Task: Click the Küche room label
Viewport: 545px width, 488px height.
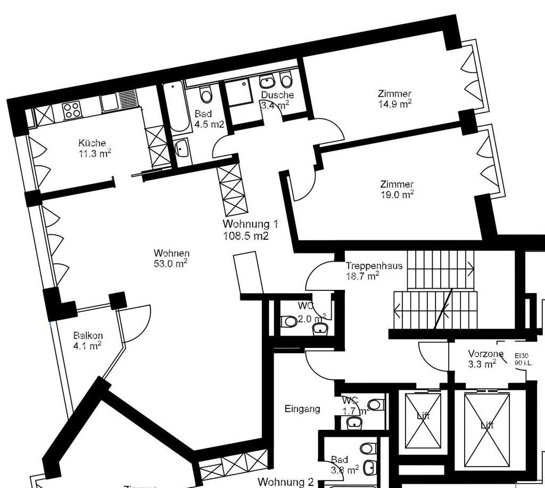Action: coord(92,143)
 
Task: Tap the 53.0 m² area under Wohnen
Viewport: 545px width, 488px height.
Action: coord(171,263)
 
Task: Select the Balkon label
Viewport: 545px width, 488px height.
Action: coord(88,336)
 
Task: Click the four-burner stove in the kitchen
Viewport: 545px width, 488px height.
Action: coord(72,110)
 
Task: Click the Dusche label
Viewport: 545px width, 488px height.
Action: coord(277,95)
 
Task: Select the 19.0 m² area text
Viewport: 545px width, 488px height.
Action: coord(397,194)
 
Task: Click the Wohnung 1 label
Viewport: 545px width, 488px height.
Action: coord(251,224)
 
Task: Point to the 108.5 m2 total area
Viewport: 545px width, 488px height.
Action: coord(246,235)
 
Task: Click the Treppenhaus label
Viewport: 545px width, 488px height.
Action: coord(374,265)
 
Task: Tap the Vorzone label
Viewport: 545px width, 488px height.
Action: coord(485,353)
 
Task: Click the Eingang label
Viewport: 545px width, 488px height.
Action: coord(302,409)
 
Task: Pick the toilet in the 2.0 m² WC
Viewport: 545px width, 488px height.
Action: coord(289,322)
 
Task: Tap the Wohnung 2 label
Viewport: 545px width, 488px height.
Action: coord(286,482)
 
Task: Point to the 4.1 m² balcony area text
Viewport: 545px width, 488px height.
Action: coord(87,346)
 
